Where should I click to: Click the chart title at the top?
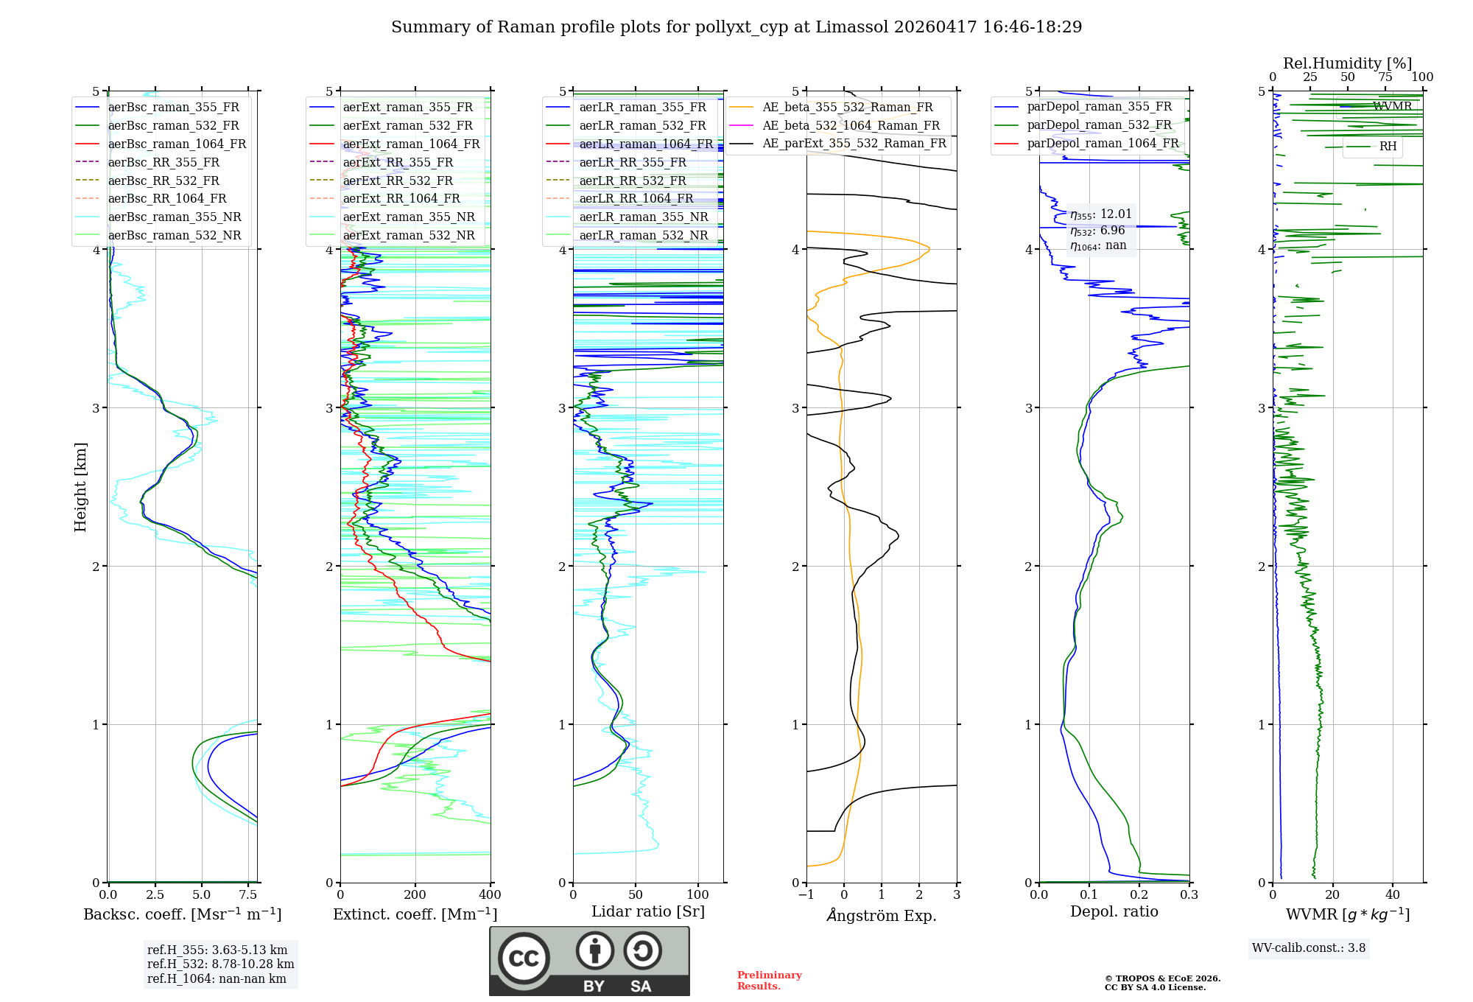(x=736, y=27)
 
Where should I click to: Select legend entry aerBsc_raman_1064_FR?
(x=177, y=144)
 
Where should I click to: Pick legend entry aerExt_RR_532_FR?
(x=398, y=181)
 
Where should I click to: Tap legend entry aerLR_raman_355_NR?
(x=643, y=217)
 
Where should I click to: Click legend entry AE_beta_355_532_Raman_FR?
(x=847, y=108)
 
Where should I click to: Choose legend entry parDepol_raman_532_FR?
(x=1099, y=125)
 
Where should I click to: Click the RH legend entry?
(x=1388, y=147)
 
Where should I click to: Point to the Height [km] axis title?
(x=80, y=487)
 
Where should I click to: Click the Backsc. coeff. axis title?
(x=182, y=914)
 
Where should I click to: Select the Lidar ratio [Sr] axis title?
(x=648, y=912)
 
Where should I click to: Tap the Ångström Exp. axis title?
(x=882, y=916)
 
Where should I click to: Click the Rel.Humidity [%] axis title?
(x=1347, y=63)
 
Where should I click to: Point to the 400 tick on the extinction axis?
(x=490, y=895)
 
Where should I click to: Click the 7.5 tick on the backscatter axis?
(x=248, y=895)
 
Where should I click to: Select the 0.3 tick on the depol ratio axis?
(x=1189, y=895)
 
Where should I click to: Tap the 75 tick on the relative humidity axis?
(x=1385, y=77)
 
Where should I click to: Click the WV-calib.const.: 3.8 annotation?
(x=1309, y=948)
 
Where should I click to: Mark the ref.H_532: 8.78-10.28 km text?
(x=220, y=964)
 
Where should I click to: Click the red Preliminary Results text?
(x=769, y=981)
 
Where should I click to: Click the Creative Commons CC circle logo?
(x=524, y=959)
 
